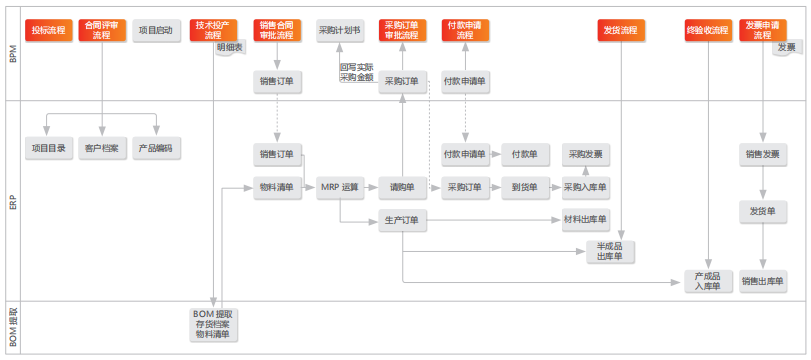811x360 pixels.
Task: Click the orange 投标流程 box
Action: (48, 31)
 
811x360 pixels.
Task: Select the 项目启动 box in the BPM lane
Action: (155, 31)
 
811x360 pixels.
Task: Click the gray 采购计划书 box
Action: (339, 31)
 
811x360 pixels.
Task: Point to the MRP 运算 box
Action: (339, 187)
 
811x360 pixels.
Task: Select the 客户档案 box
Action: (101, 148)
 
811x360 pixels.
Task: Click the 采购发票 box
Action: (586, 155)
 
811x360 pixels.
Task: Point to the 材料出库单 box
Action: (586, 220)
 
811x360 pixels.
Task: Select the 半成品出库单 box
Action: (610, 252)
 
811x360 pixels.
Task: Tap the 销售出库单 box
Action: (763, 282)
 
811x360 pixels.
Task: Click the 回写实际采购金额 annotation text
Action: (357, 72)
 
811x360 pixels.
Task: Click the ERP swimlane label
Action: (12, 200)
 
